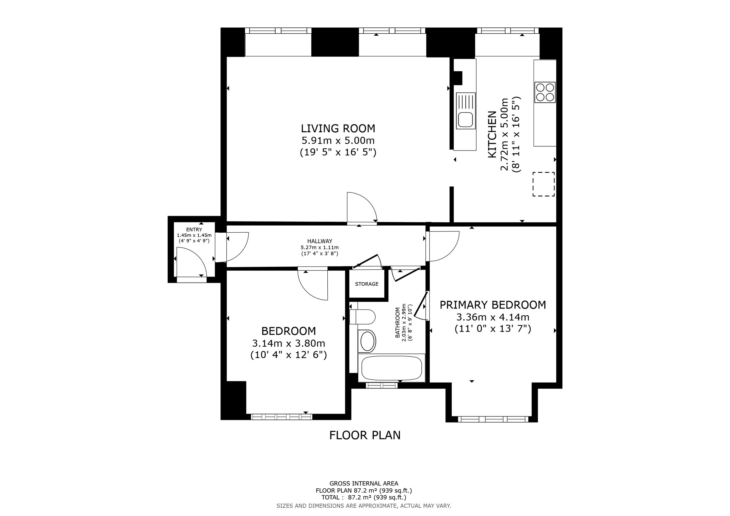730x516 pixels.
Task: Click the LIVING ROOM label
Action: pyautogui.click(x=338, y=129)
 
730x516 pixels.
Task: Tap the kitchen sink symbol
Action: pyautogui.click(x=466, y=111)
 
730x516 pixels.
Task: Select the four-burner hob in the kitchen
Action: pyautogui.click(x=545, y=92)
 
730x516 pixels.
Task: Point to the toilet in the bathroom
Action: pyautogui.click(x=362, y=317)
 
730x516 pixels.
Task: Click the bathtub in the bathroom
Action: pyautogui.click(x=392, y=368)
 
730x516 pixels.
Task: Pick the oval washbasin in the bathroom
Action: pyautogui.click(x=367, y=341)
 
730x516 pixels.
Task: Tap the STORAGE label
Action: pyautogui.click(x=367, y=284)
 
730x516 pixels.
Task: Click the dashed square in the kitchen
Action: pyautogui.click(x=544, y=184)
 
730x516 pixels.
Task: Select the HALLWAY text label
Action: pyautogui.click(x=320, y=241)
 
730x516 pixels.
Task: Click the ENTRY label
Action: pyautogui.click(x=194, y=229)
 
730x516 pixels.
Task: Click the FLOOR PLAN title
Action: pyautogui.click(x=365, y=435)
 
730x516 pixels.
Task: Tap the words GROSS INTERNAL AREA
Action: pyautogui.click(x=364, y=484)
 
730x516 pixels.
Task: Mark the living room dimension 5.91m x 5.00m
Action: pyautogui.click(x=338, y=140)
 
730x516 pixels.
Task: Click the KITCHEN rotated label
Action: pyautogui.click(x=492, y=134)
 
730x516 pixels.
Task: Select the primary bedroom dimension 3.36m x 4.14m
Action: pyautogui.click(x=493, y=317)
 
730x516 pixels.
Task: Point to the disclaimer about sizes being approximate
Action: pyautogui.click(x=364, y=506)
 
